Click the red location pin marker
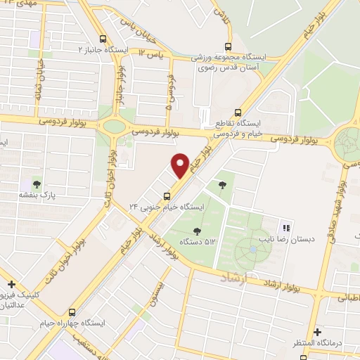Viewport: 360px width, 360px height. click(180, 165)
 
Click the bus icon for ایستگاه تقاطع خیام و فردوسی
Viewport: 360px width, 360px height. click(238, 111)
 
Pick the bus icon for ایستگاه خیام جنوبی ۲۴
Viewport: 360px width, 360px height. click(167, 195)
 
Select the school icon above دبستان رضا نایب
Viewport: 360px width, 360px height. click(285, 227)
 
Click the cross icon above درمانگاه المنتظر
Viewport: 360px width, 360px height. click(317, 331)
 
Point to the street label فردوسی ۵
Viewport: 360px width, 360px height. click(170, 92)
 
